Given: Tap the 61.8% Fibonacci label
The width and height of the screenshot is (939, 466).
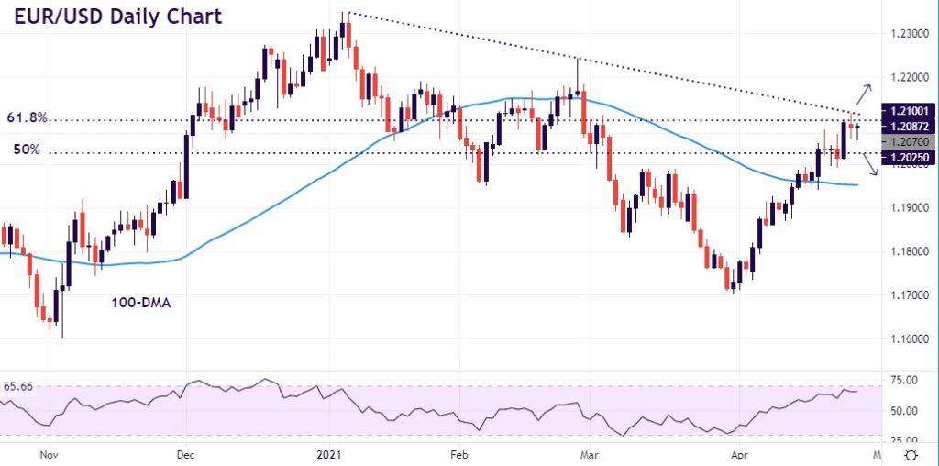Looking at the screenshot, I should [28, 118].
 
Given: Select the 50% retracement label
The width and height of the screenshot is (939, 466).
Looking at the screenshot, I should [26, 149].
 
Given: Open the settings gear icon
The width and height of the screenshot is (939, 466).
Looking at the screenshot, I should [912, 455].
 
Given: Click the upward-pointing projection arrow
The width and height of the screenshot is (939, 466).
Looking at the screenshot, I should [866, 93].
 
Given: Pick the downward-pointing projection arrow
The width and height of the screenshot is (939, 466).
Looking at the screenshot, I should [869, 165].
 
